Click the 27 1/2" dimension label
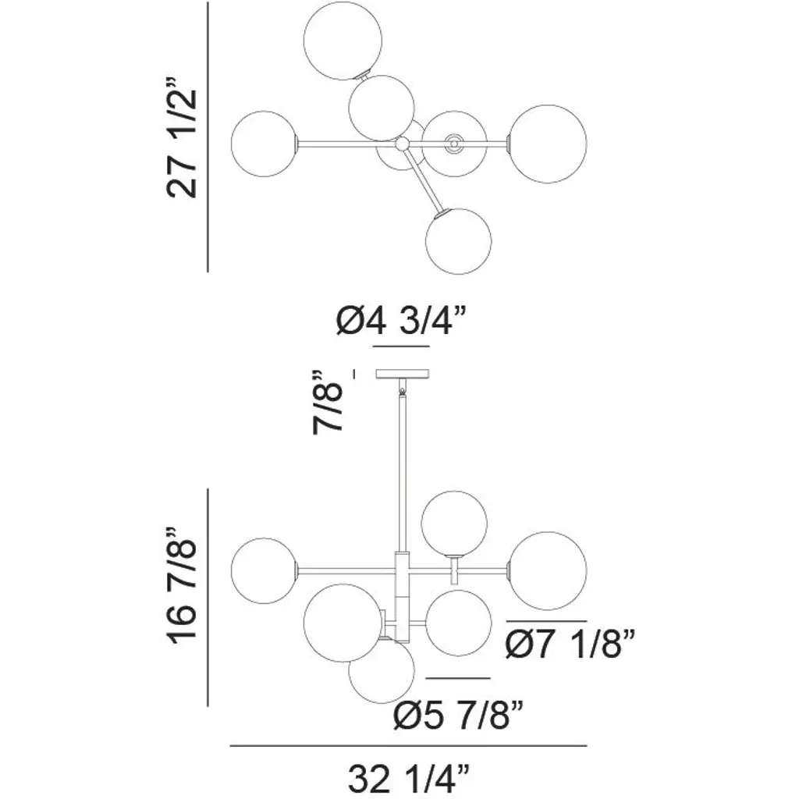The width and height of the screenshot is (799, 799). pos(181,137)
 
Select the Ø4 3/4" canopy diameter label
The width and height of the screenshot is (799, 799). pos(401,321)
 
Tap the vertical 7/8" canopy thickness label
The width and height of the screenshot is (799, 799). pos(327,402)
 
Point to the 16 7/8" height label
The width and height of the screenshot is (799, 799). pos(181,586)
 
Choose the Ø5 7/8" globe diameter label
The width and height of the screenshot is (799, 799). pos(458,716)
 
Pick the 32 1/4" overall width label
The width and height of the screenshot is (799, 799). pos(408,779)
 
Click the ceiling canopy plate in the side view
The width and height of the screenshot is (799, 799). pos(403,374)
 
